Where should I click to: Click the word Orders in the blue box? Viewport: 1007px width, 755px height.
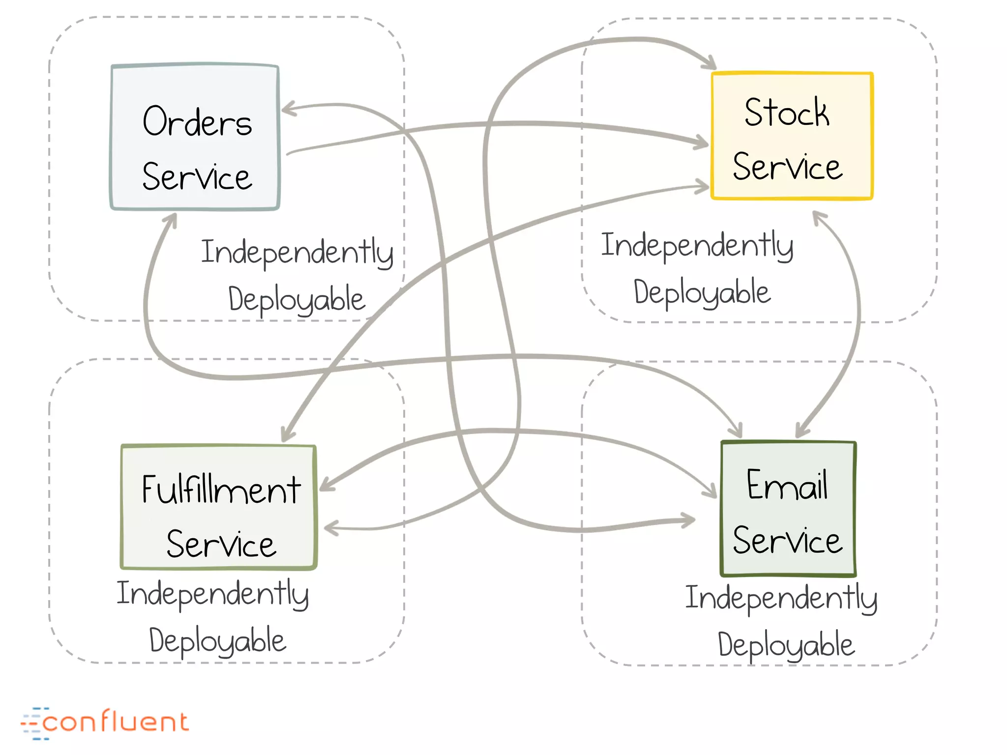(x=197, y=121)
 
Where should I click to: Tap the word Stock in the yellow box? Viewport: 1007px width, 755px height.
(x=787, y=113)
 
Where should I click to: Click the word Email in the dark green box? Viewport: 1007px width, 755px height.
(x=787, y=485)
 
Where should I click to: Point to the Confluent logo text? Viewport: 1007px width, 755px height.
(x=116, y=722)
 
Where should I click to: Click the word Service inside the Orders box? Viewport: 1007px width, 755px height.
(x=197, y=177)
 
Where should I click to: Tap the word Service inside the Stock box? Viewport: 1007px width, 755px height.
(x=787, y=167)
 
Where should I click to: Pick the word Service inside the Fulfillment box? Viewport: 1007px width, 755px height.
(x=221, y=544)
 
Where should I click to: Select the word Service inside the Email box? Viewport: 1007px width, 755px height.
(x=787, y=540)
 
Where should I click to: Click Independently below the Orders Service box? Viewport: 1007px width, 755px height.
(x=297, y=252)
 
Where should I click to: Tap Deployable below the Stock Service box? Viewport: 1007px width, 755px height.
(x=702, y=292)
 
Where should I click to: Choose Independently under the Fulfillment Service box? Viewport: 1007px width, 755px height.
(x=212, y=594)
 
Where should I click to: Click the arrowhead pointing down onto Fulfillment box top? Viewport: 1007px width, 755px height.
(x=287, y=435)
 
